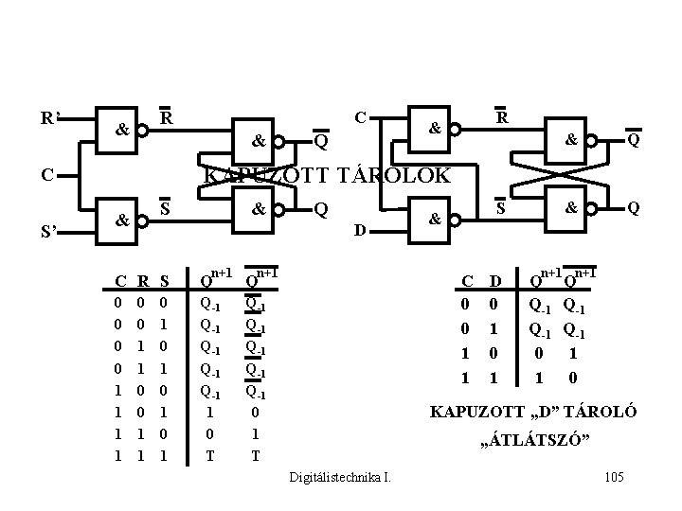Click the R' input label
click(50, 119)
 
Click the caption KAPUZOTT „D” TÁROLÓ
click(533, 413)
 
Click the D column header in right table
click(494, 280)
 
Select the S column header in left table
click(164, 280)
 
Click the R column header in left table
click(141, 280)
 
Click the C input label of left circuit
click(45, 174)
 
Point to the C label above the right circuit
click(360, 118)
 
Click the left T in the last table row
click(209, 455)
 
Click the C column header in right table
click(466, 280)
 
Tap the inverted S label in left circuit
click(165, 207)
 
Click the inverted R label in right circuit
click(503, 118)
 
